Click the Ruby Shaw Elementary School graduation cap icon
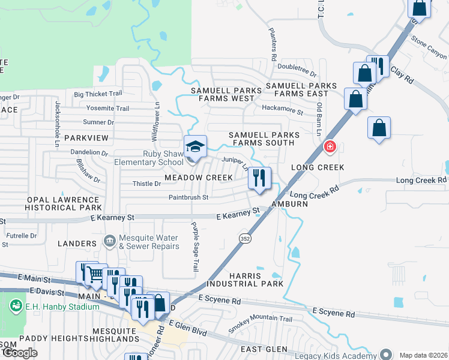tap(194, 146)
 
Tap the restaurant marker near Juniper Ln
tap(259, 178)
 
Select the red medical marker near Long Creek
tap(330, 146)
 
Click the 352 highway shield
tap(244, 239)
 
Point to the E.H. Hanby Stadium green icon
tap(16, 306)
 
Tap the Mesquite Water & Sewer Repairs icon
tap(109, 242)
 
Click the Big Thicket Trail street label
tap(98, 94)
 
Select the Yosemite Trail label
tap(108, 109)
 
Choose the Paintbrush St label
tap(188, 197)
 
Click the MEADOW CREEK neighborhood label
tap(199, 178)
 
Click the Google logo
tap(20, 353)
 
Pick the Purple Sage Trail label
tap(194, 247)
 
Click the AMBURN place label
tap(289, 204)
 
